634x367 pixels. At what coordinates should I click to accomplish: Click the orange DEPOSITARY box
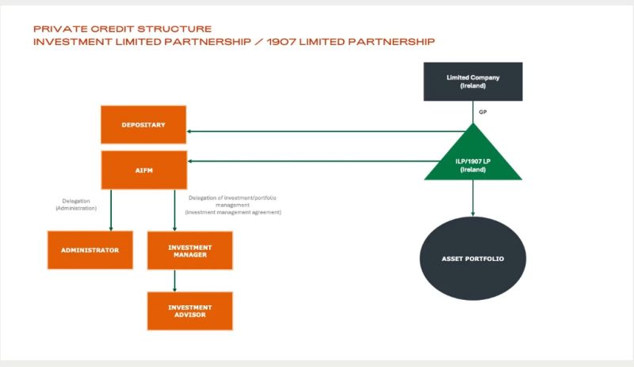coord(143,125)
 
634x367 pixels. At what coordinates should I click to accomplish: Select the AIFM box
coord(143,170)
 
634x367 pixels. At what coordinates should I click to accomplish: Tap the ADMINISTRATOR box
coord(90,250)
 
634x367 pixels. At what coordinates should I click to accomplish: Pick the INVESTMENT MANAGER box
coord(189,250)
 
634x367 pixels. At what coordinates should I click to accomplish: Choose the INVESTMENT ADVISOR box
coord(189,311)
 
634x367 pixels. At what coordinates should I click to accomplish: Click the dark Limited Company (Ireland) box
coord(473,81)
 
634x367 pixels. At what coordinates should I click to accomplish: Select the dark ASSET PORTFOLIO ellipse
coord(473,259)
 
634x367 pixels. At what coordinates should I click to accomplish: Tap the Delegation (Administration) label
coord(76,204)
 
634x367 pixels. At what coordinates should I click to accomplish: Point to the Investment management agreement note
coord(233,213)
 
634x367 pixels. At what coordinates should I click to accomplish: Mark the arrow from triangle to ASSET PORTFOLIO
coord(473,198)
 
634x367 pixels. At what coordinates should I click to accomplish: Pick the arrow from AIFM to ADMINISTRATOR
coord(110,210)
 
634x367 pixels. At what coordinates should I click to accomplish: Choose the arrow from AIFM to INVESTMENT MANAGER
coord(174,210)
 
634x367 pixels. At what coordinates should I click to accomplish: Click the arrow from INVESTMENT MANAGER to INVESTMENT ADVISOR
coord(174,280)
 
